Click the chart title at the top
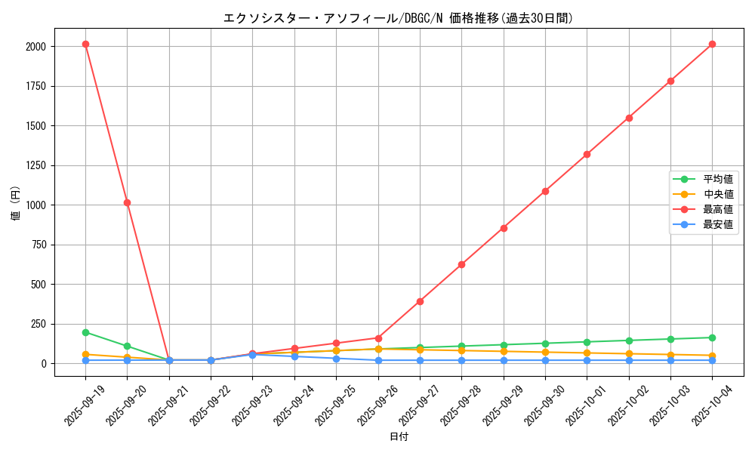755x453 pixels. (398, 18)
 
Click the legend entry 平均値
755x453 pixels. (717, 179)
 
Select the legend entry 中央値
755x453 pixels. (717, 194)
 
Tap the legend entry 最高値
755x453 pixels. (717, 209)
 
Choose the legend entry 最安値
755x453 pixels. (717, 224)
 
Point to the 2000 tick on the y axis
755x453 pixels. (35, 47)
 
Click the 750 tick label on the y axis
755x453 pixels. (38, 245)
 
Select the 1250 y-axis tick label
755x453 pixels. (35, 165)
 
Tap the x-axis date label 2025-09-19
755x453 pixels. (82, 403)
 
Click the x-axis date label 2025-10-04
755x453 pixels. (710, 403)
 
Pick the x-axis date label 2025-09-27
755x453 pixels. (417, 403)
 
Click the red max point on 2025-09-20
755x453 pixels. (127, 202)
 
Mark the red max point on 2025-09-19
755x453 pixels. (85, 44)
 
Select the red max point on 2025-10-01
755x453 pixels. (587, 154)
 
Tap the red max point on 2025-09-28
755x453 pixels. (461, 264)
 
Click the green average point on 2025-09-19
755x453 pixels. (85, 332)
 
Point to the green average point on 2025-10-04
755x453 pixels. (712, 337)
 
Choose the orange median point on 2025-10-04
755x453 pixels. (712, 356)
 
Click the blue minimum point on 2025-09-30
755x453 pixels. (545, 360)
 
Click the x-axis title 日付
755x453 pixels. (398, 437)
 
